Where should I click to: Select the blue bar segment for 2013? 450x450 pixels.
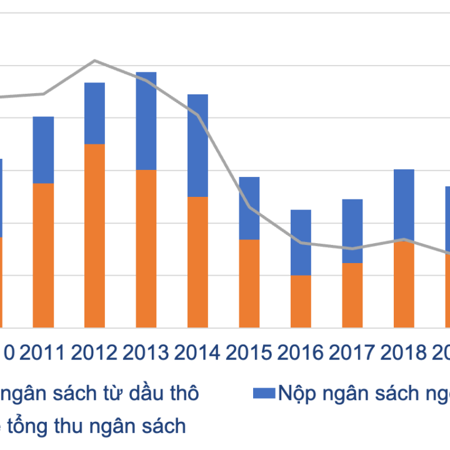pos(146,121)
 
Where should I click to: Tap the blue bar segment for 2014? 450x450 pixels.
pos(197,145)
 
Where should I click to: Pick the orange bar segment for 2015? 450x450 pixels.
pos(249,283)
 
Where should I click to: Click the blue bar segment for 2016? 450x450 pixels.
pos(301,242)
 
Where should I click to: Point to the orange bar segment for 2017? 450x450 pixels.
pos(352,295)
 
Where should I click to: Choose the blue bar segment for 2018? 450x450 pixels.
pos(404,204)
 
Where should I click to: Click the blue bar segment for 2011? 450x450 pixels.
pos(43,149)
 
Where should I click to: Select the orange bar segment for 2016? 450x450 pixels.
pos(301,301)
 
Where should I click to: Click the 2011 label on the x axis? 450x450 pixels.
pos(42,353)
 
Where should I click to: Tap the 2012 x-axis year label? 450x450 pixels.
pos(94,353)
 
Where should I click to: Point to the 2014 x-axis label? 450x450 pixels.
pos(197,353)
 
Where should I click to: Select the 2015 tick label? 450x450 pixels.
pos(249,353)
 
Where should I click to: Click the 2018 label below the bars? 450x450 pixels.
pos(404,353)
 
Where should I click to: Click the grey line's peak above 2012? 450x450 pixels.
pos(94,60)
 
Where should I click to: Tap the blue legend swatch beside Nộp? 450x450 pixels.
pos(264,393)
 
